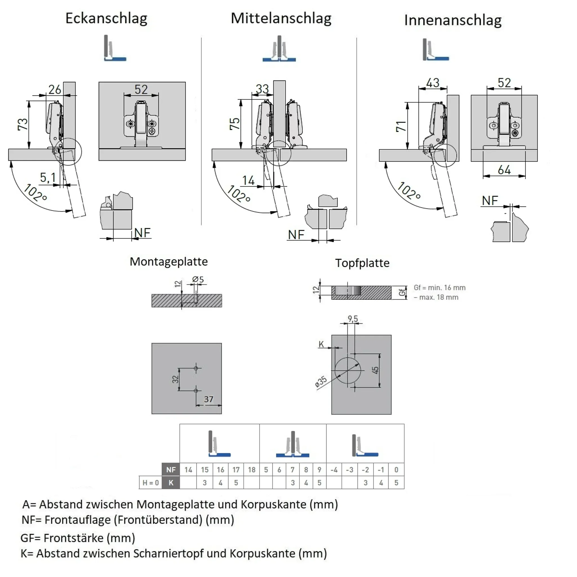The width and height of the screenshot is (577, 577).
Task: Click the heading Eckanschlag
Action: [x=106, y=19]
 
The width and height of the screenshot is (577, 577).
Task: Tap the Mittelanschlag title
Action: [x=281, y=19]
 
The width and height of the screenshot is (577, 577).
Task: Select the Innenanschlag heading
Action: [x=453, y=20]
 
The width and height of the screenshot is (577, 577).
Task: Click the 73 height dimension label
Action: [x=23, y=124]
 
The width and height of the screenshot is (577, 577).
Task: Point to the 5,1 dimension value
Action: [x=48, y=178]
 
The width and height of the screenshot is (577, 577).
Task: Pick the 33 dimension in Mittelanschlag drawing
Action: [x=262, y=89]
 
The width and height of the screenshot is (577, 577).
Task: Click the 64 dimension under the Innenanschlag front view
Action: [x=504, y=170]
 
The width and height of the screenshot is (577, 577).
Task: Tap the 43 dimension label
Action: [x=433, y=83]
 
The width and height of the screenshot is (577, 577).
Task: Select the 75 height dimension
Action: [x=234, y=124]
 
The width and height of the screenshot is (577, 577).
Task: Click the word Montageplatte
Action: [x=168, y=262]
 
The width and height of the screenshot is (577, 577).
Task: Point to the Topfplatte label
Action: [x=362, y=263]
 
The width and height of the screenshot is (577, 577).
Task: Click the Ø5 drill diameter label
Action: [x=198, y=279]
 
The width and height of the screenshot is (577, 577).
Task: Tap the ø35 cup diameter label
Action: [x=321, y=382]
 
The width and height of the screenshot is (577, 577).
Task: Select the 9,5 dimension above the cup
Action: [x=353, y=319]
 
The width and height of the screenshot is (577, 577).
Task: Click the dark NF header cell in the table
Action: [x=171, y=470]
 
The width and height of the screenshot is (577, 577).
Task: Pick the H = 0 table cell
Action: [x=150, y=483]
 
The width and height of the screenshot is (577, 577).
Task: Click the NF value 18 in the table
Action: [x=252, y=470]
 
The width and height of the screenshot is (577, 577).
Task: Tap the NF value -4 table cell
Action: [x=334, y=470]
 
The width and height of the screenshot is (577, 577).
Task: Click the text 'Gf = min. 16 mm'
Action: [x=439, y=288]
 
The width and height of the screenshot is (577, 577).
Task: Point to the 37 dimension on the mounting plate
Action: [x=208, y=399]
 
